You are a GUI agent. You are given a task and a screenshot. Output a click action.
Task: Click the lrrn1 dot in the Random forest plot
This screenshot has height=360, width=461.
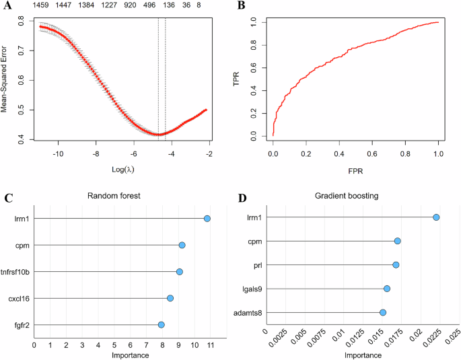(x=207, y=219)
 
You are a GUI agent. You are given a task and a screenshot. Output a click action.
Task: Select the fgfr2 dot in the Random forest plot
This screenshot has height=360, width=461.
(x=162, y=324)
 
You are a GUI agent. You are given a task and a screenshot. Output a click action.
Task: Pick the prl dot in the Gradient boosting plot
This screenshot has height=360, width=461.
(x=396, y=264)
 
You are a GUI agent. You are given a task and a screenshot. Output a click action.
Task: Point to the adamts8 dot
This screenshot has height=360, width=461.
(x=383, y=312)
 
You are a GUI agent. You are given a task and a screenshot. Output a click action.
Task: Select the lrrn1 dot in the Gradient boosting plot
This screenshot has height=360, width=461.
(x=437, y=217)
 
